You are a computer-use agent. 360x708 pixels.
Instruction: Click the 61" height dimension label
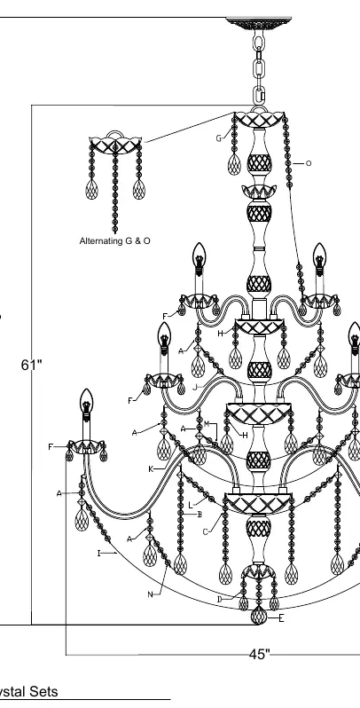pyautogui.click(x=31, y=365)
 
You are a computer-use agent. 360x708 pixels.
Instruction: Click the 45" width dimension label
pyautogui.click(x=260, y=654)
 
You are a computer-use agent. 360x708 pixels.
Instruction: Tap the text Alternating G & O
pyautogui.click(x=115, y=241)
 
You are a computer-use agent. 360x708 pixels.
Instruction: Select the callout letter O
pyautogui.click(x=309, y=163)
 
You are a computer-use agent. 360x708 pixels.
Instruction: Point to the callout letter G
pyautogui.click(x=219, y=138)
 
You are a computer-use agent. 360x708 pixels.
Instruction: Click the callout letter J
pyautogui.click(x=194, y=387)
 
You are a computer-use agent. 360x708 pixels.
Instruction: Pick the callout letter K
pyautogui.click(x=151, y=469)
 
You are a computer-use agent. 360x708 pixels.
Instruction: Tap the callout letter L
pyautogui.click(x=191, y=505)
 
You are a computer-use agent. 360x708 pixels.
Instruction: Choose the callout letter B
pyautogui.click(x=200, y=515)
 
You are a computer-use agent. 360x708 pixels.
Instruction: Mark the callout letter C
pyautogui.click(x=205, y=532)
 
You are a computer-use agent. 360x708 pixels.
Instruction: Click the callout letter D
pyautogui.click(x=220, y=599)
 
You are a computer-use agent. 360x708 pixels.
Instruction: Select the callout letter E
pyautogui.click(x=281, y=618)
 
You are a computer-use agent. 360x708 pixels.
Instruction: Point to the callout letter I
pyautogui.click(x=98, y=553)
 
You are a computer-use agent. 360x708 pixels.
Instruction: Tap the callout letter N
pyautogui.click(x=150, y=594)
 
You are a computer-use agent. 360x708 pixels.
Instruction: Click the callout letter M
pyautogui.click(x=207, y=423)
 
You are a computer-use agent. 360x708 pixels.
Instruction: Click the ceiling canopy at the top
pyautogui.click(x=259, y=22)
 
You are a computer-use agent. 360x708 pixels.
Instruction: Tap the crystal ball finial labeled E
pyautogui.click(x=259, y=616)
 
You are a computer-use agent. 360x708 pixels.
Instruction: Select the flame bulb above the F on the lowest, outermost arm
pyautogui.click(x=86, y=400)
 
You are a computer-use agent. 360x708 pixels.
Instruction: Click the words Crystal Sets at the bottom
pyautogui.click(x=28, y=691)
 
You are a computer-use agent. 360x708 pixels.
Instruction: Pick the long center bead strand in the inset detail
pyautogui.click(x=115, y=190)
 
